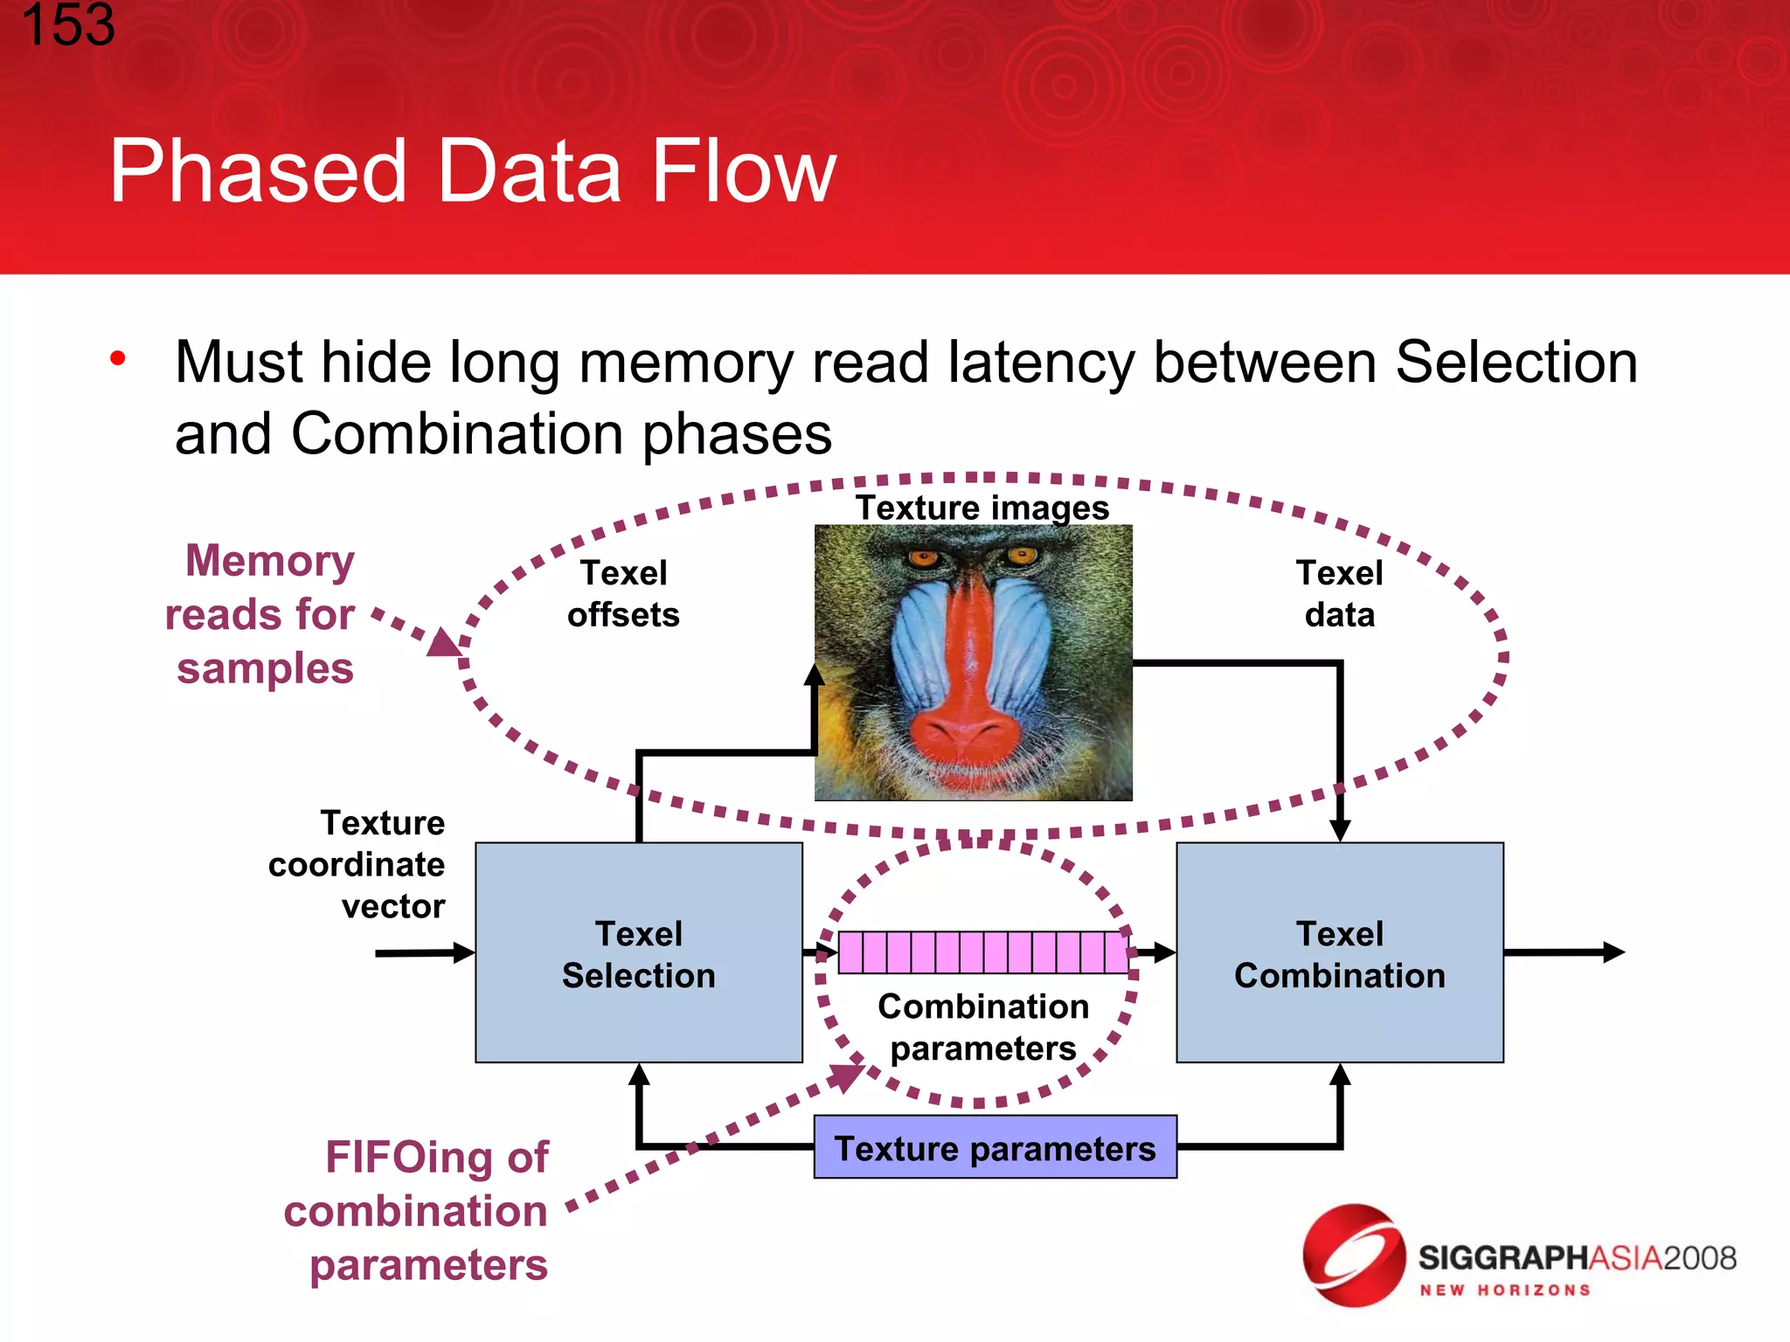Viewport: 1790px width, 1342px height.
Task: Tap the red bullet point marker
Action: click(118, 358)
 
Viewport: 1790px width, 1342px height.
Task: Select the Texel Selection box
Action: click(639, 952)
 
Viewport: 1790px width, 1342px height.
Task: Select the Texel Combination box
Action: click(1339, 952)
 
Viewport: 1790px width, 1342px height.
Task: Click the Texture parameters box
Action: click(995, 1147)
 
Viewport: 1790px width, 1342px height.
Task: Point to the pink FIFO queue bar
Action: click(982, 952)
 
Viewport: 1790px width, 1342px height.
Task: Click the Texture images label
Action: click(982, 508)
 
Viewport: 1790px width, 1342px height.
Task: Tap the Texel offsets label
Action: click(623, 594)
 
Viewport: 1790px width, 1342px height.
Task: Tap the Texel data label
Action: click(1339, 594)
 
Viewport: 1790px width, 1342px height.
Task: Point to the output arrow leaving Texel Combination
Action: click(1565, 952)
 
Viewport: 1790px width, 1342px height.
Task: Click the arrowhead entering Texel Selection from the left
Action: click(463, 952)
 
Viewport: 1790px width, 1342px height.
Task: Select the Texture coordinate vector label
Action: click(358, 864)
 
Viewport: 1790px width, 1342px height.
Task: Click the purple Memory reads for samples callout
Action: click(262, 614)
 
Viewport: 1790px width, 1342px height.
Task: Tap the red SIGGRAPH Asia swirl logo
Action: click(1353, 1256)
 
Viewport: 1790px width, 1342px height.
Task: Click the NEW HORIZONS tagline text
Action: click(1504, 1290)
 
